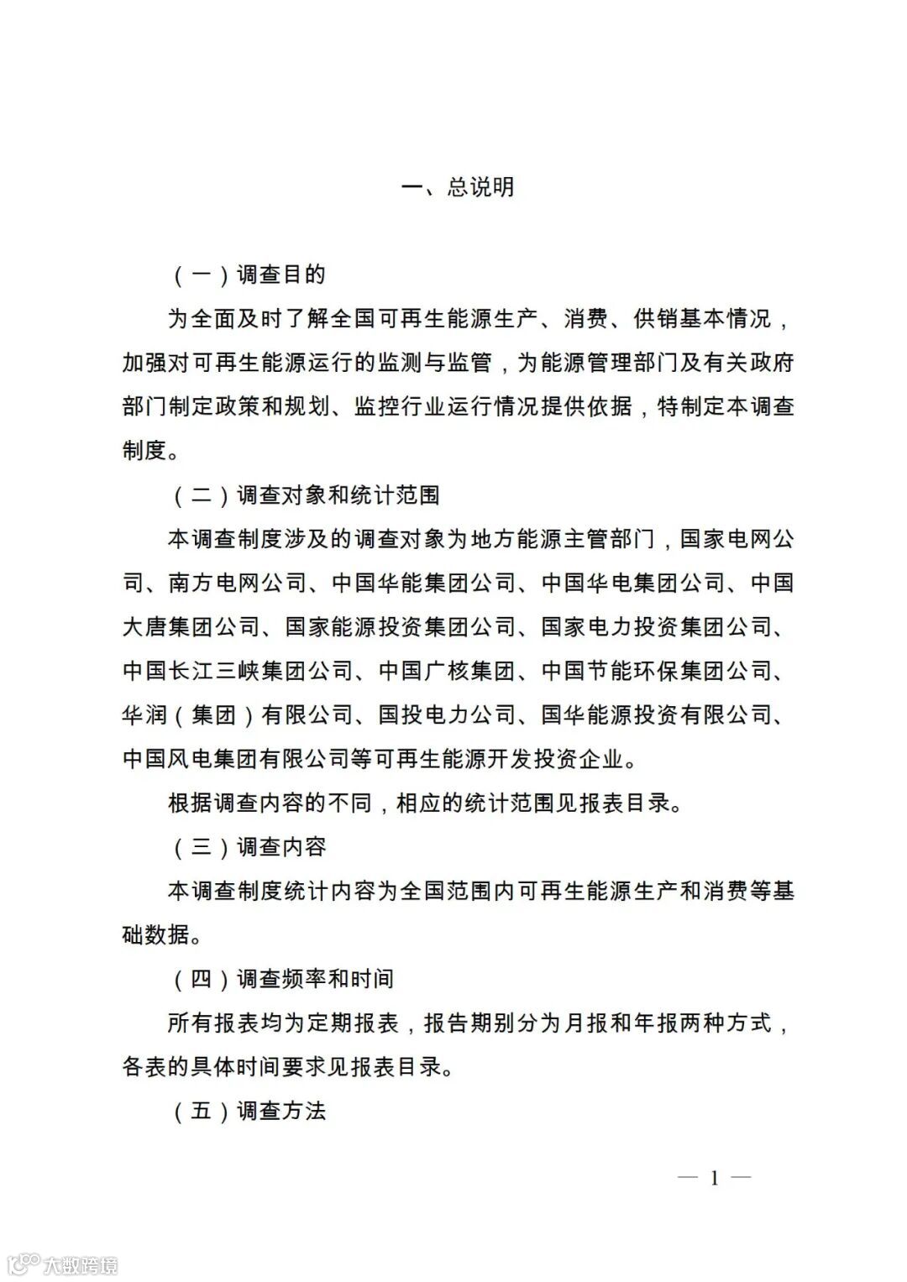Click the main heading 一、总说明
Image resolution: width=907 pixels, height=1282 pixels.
(458, 187)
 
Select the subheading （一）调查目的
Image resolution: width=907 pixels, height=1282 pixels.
(249, 275)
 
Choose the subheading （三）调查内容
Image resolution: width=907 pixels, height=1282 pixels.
(249, 847)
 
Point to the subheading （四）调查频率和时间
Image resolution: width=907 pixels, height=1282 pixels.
(283, 979)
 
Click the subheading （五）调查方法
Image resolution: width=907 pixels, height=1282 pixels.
(249, 1112)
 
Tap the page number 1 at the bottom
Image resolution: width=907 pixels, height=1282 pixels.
(714, 1178)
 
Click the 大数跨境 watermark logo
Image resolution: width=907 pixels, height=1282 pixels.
(63, 1264)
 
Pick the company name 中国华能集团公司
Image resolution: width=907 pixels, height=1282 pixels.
(423, 583)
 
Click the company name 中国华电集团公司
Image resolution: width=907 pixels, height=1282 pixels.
(633, 583)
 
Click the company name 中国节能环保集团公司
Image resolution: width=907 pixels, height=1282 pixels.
(656, 672)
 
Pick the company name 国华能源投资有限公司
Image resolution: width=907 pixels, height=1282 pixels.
(656, 715)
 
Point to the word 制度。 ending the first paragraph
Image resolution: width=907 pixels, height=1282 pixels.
(151, 451)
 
